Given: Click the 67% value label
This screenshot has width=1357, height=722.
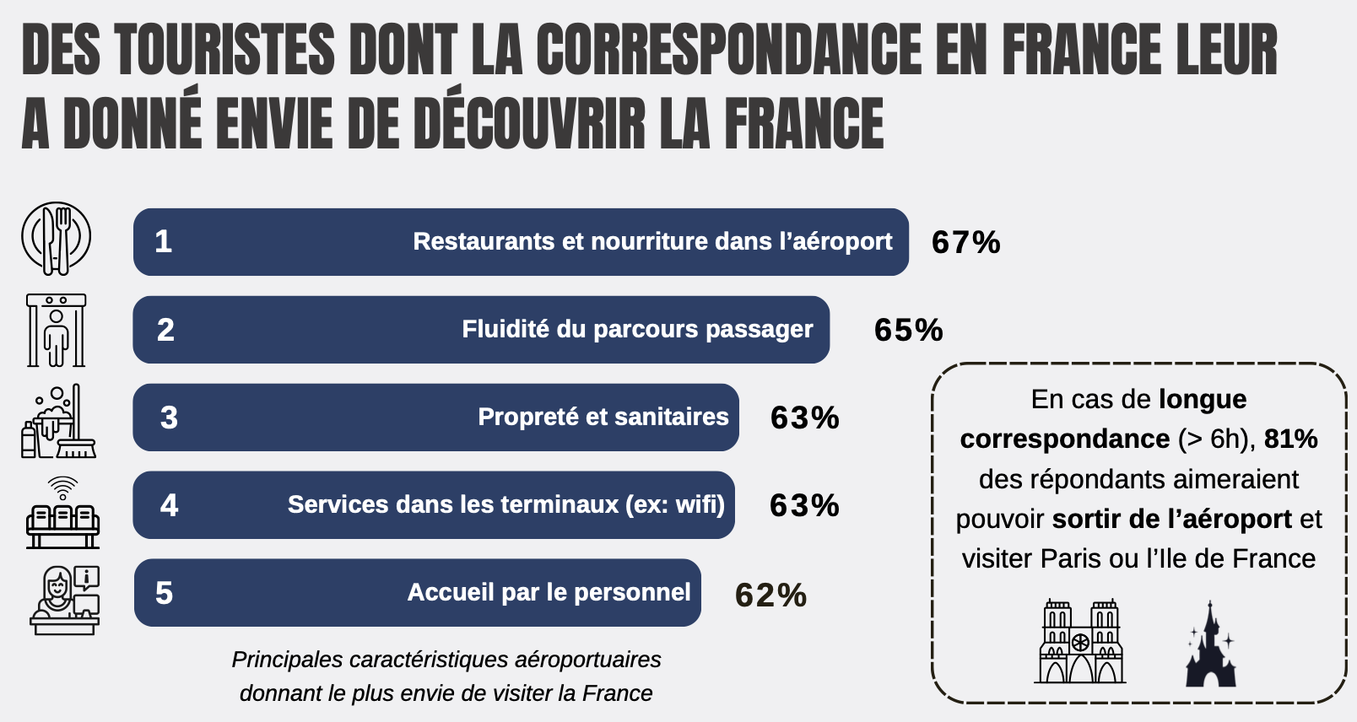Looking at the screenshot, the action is pyautogui.click(x=965, y=242).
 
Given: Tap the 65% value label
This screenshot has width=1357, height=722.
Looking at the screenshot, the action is pyautogui.click(x=909, y=330).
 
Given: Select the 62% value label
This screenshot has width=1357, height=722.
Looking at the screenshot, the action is pyautogui.click(x=770, y=595).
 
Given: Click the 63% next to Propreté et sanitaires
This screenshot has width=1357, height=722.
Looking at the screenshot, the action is pyautogui.click(x=804, y=418).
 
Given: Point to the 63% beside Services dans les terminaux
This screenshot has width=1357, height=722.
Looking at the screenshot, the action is pyautogui.click(x=804, y=506).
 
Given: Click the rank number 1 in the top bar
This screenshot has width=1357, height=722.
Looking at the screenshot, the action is pyautogui.click(x=163, y=241).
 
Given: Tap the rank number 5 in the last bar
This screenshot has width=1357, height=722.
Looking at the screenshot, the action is pyautogui.click(x=165, y=593).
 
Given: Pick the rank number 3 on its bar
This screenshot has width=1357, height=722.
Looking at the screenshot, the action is pyautogui.click(x=169, y=418).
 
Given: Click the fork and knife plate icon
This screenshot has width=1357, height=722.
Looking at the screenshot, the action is pyautogui.click(x=57, y=239).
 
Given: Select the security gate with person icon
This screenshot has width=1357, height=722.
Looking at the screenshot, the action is pyautogui.click(x=56, y=330).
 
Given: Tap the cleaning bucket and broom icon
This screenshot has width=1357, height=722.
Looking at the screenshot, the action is pyautogui.click(x=58, y=421).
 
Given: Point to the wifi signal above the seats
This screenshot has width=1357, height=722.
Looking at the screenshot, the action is pyautogui.click(x=63, y=487).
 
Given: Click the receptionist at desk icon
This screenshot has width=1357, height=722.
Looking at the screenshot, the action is pyautogui.click(x=65, y=601).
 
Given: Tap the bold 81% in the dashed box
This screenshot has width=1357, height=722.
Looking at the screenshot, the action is pyautogui.click(x=1290, y=439).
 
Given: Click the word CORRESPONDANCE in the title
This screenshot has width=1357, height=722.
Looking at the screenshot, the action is pyautogui.click(x=729, y=50).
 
